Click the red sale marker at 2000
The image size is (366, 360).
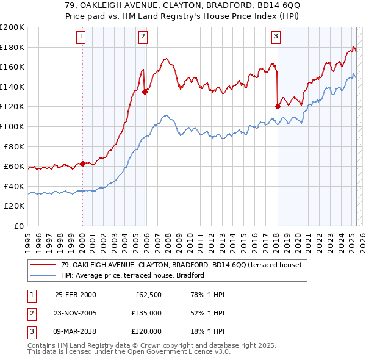82,164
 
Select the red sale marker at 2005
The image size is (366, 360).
145,92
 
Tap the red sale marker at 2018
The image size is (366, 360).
278,106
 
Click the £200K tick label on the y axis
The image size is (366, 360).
12,27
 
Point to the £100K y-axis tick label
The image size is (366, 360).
12,126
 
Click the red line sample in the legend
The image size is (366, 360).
43,265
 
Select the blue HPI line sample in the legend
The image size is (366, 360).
43,276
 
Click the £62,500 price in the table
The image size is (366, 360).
147,295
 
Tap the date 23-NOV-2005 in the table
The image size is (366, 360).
75,313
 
